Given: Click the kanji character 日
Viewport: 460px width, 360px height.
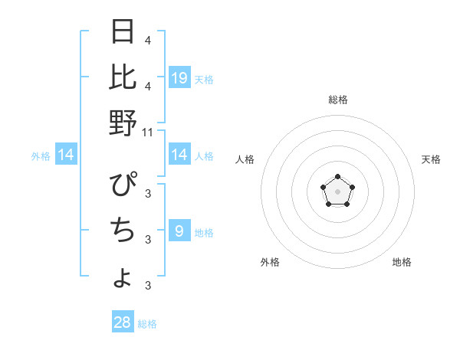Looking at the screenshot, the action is pyautogui.click(x=123, y=32).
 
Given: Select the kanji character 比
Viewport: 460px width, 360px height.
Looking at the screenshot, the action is pyautogui.click(x=123, y=77).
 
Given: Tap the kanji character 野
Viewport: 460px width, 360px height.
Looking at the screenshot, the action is pyautogui.click(x=123, y=123).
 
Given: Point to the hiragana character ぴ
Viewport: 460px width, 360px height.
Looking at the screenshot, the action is pyautogui.click(x=123, y=185).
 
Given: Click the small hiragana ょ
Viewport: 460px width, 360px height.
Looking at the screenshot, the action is pyautogui.click(x=123, y=279).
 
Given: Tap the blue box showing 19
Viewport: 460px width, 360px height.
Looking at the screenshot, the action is pyautogui.click(x=179, y=77).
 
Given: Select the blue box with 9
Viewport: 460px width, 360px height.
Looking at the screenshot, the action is pyautogui.click(x=179, y=231).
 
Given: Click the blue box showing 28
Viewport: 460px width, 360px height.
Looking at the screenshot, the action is pyautogui.click(x=123, y=322).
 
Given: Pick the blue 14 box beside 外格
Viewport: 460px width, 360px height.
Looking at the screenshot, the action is pyautogui.click(x=66, y=155).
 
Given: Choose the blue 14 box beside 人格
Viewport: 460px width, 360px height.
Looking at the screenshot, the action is pyautogui.click(x=179, y=155).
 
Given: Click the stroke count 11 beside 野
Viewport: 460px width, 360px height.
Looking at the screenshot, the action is pyautogui.click(x=149, y=133).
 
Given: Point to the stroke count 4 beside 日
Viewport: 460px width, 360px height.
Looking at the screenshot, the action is pyautogui.click(x=148, y=40).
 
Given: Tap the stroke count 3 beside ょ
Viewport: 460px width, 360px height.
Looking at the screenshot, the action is pyautogui.click(x=148, y=286).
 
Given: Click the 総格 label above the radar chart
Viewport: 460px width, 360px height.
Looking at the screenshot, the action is pyautogui.click(x=337, y=100).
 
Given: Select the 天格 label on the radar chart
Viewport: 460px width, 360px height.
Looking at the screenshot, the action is pyautogui.click(x=431, y=159).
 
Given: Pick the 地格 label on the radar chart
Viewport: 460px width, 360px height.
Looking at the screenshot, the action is pyautogui.click(x=402, y=262).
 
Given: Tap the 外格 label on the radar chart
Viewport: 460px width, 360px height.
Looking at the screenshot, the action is pyautogui.click(x=270, y=262).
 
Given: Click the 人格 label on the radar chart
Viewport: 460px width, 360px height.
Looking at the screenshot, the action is pyautogui.click(x=245, y=159).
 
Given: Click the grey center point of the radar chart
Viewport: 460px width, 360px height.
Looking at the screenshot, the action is pyautogui.click(x=337, y=191).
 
